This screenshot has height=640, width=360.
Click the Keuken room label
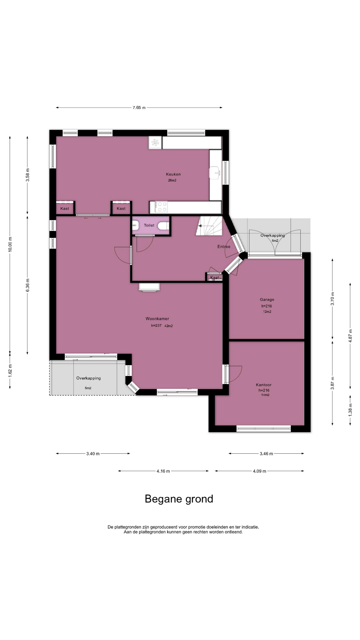point(173,174)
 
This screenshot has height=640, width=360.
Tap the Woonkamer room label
point(157,319)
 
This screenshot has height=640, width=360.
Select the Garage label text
point(267,300)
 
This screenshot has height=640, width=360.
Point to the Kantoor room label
point(264,385)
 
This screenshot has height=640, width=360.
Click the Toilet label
point(149,225)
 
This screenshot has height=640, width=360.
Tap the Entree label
point(224,247)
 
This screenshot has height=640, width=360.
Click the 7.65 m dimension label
point(139,107)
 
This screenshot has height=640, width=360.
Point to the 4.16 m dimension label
point(163,471)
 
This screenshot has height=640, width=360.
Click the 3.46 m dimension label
point(266,453)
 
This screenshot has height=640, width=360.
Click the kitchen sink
point(215,173)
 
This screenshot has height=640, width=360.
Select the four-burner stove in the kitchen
point(162,207)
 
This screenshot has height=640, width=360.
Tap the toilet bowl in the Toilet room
point(163,226)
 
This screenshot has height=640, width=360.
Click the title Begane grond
point(179,499)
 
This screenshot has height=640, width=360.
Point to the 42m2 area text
point(168,326)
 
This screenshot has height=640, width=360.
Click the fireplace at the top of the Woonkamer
point(150,288)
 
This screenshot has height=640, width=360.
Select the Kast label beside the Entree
point(215,278)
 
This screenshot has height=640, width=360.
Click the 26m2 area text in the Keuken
point(172,180)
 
